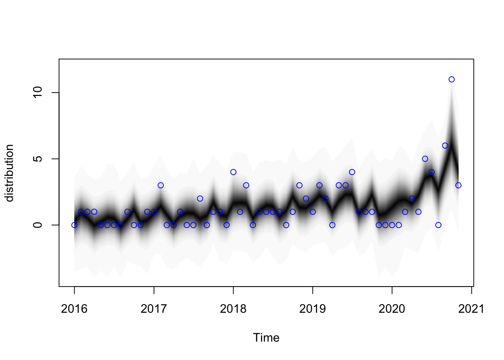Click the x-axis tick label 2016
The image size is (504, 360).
[74, 309]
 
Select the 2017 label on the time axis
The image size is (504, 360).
[153, 309]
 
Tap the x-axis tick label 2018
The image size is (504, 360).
[233, 309]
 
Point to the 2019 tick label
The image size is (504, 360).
[312, 309]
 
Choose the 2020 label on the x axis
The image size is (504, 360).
[392, 309]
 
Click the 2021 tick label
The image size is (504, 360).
[471, 309]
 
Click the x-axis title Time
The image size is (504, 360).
[266, 337]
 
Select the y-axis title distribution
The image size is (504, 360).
[9, 173]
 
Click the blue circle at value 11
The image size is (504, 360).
[451, 79]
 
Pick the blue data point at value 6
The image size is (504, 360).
[445, 145]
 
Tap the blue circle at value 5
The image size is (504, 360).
[425, 159]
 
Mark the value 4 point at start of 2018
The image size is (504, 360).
[233, 172]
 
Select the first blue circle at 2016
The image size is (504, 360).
[74, 225]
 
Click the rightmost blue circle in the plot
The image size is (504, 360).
[458, 185]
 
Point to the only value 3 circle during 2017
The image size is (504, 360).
[160, 185]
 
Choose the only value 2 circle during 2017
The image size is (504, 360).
[200, 198]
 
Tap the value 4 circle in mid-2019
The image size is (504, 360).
[352, 172]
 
